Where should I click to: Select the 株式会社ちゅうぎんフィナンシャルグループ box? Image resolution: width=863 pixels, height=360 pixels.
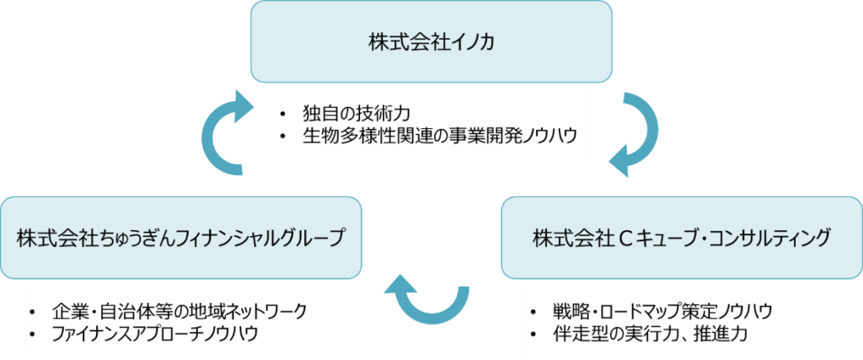tap(181, 238)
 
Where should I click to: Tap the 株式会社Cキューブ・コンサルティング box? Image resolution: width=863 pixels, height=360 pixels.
tap(681, 238)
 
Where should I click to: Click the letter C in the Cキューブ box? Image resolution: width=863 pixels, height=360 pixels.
tap(625, 239)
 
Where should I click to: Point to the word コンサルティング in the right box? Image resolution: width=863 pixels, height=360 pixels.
tap(771, 239)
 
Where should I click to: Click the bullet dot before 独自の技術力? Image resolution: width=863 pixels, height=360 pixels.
tap(287, 114)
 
